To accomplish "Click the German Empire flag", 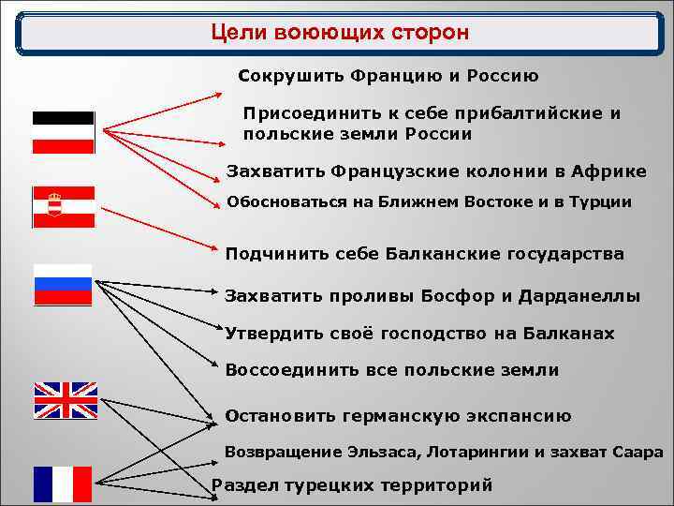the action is [64, 132].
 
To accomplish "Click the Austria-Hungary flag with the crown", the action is [64, 207].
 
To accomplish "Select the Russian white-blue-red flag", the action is [64, 284].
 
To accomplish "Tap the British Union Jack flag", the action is [66, 400].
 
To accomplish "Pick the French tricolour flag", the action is [63, 484].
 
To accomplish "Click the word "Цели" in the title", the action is [240, 34].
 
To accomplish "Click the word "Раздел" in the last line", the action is [245, 484].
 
